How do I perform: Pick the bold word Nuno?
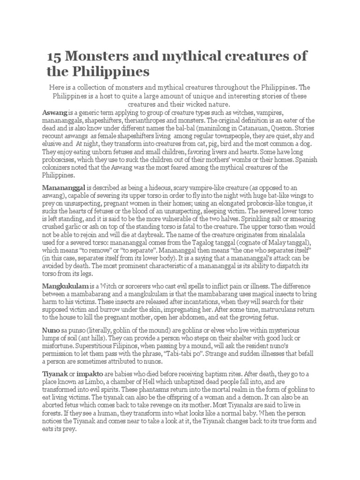(50, 331)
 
